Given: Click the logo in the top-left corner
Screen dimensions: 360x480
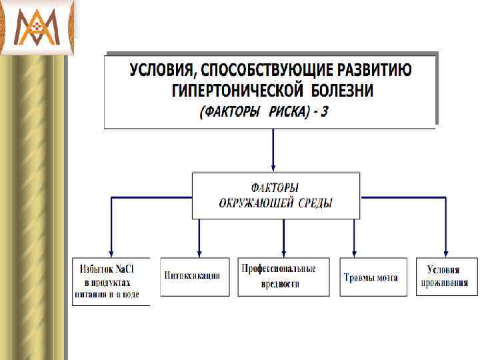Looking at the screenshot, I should [37, 27].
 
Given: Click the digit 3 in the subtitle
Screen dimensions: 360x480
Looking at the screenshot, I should [324, 112].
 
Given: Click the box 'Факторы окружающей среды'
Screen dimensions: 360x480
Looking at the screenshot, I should [275, 196].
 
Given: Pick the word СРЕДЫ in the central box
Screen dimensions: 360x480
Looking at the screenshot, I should [315, 203].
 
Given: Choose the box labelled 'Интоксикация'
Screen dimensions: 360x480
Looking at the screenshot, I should [195, 277].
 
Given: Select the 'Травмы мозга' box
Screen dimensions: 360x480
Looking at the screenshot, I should [371, 277].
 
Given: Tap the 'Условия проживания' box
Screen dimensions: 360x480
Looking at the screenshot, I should [447, 277].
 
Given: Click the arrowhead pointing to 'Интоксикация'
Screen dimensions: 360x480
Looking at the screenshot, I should [199, 251].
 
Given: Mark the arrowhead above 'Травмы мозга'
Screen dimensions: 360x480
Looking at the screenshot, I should [354, 251].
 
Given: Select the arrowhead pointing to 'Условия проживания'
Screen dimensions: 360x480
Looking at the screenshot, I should [445, 251].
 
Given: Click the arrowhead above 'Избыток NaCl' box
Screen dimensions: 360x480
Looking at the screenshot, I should [111, 251].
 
